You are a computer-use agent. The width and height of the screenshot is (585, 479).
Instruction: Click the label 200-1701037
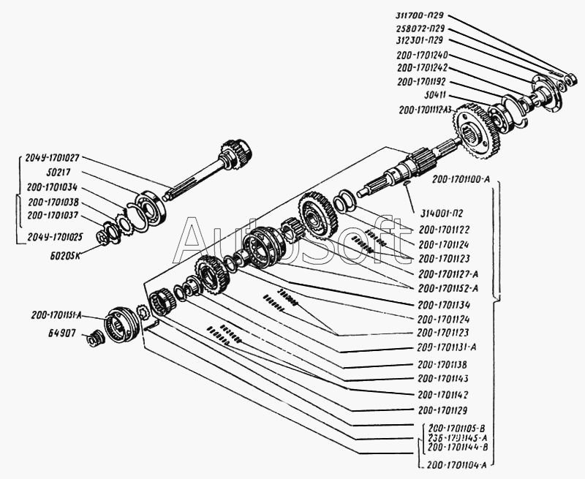click(54, 214)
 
